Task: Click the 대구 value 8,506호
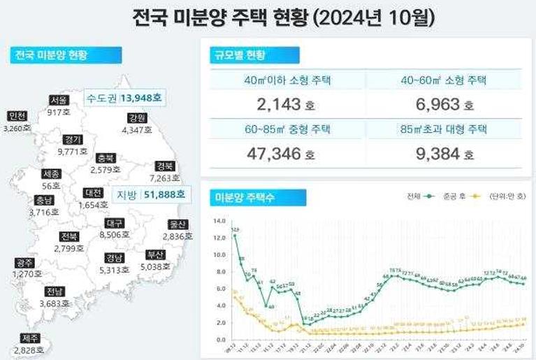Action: click(x=115, y=236)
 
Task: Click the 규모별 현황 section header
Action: click(x=243, y=55)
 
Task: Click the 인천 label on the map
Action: click(x=17, y=116)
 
